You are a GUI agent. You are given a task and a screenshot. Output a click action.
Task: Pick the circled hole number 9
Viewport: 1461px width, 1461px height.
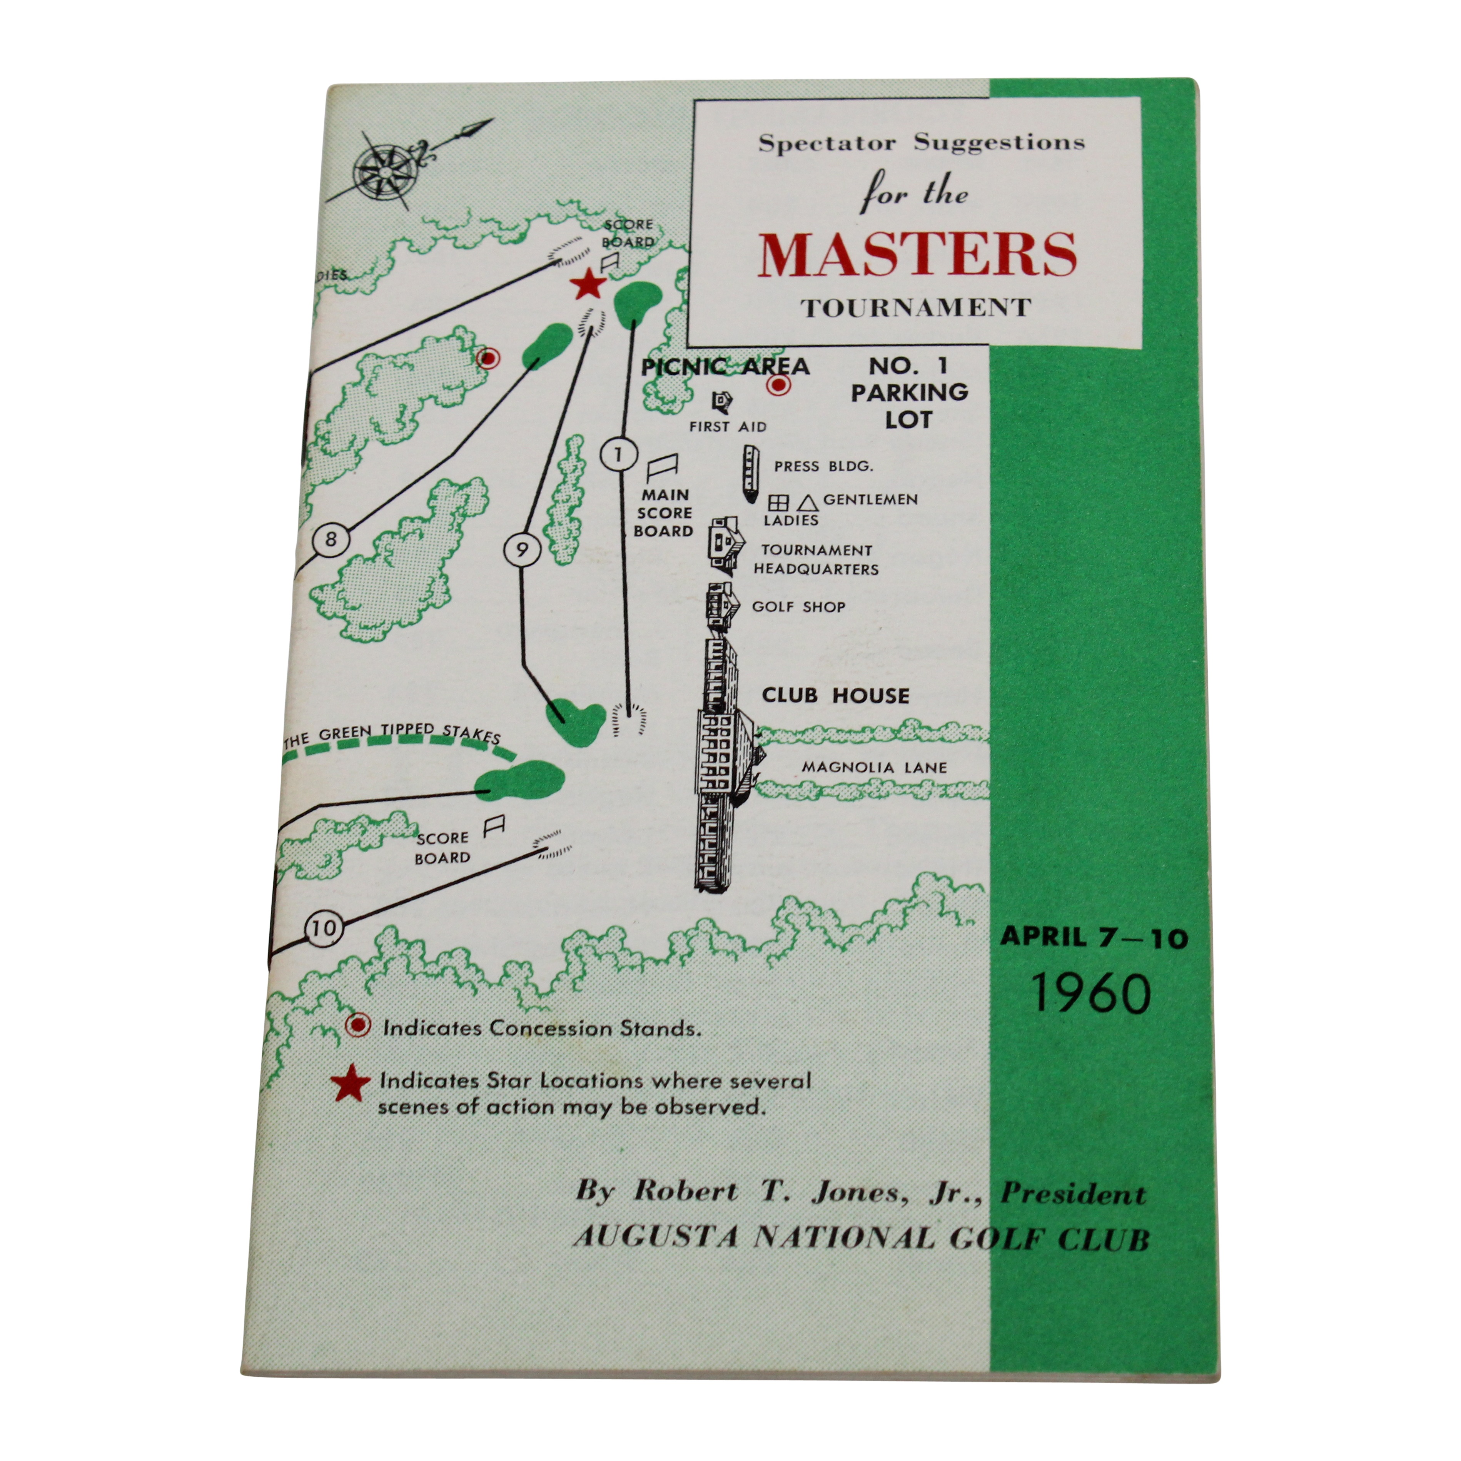pos(522,550)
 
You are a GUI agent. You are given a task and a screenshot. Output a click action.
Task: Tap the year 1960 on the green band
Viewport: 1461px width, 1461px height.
pos(1091,993)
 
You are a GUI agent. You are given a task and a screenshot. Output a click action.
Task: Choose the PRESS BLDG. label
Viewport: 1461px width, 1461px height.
pos(823,467)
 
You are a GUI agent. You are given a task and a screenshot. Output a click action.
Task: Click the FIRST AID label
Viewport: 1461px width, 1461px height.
pos(728,426)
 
